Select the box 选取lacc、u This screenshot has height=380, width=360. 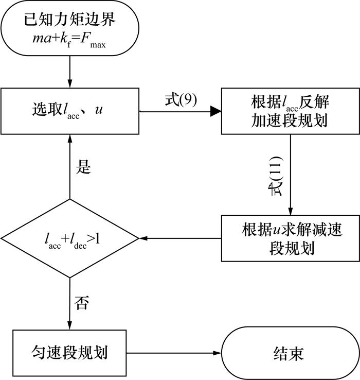[69, 110]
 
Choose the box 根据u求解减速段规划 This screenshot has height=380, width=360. [291, 238]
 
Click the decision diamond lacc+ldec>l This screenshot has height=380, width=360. [69, 239]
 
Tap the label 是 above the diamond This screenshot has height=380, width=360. [83, 167]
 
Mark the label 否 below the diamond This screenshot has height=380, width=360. [82, 303]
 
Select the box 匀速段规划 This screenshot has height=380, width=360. [69, 353]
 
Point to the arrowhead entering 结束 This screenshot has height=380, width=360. [217, 353]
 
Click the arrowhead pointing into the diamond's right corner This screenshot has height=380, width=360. [143, 239]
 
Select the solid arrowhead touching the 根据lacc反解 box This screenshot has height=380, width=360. [217, 110]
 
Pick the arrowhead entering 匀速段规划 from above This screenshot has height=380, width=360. [69, 324]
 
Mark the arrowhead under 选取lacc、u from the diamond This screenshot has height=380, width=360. [69, 138]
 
